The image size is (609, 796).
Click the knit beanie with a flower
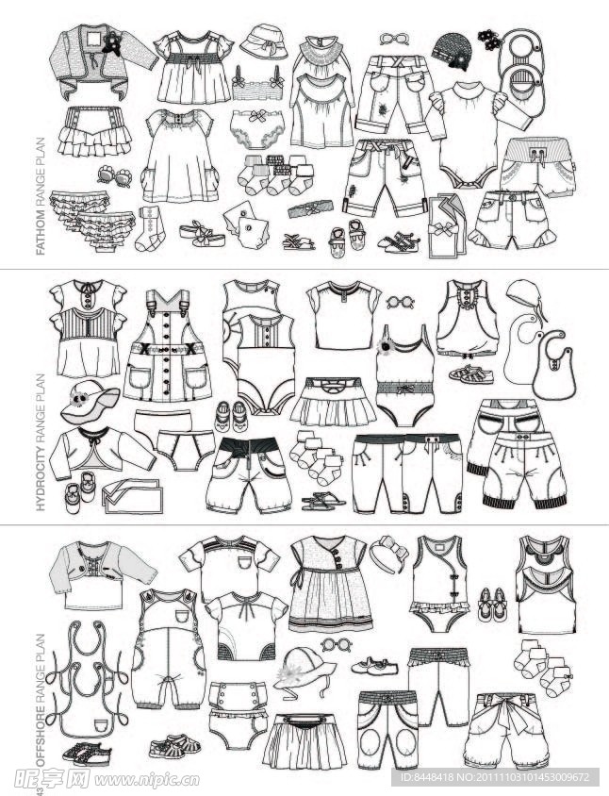point(452,51)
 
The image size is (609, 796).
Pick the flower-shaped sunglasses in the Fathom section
point(115,175)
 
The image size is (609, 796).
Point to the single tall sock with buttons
point(151,229)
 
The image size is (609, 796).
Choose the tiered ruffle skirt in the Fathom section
point(94,131)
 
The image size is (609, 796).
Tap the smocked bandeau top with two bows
point(258,84)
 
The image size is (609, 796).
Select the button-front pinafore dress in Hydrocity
point(168,345)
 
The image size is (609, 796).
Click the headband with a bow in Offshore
point(388,555)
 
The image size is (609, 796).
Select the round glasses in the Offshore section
point(337,646)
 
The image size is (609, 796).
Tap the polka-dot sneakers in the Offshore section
point(87,755)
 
